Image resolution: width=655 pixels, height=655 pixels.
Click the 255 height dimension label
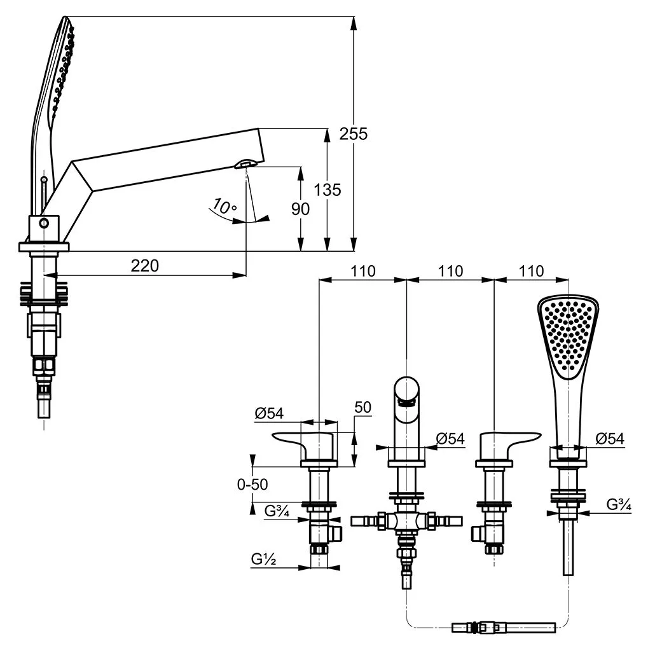[x=354, y=134]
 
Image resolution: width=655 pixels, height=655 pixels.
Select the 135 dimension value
[x=327, y=190]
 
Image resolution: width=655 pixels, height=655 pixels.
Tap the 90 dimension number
[x=300, y=209]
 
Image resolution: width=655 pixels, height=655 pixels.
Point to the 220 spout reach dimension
[x=144, y=266]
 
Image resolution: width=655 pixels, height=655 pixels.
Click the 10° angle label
[x=224, y=207]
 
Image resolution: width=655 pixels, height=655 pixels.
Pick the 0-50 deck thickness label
[x=252, y=484]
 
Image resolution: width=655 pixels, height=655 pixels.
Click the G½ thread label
[x=263, y=558]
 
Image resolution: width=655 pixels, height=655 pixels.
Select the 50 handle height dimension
[x=362, y=407]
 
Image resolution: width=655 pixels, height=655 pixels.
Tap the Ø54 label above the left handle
[x=269, y=413]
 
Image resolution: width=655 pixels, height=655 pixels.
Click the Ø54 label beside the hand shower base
[x=610, y=438]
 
